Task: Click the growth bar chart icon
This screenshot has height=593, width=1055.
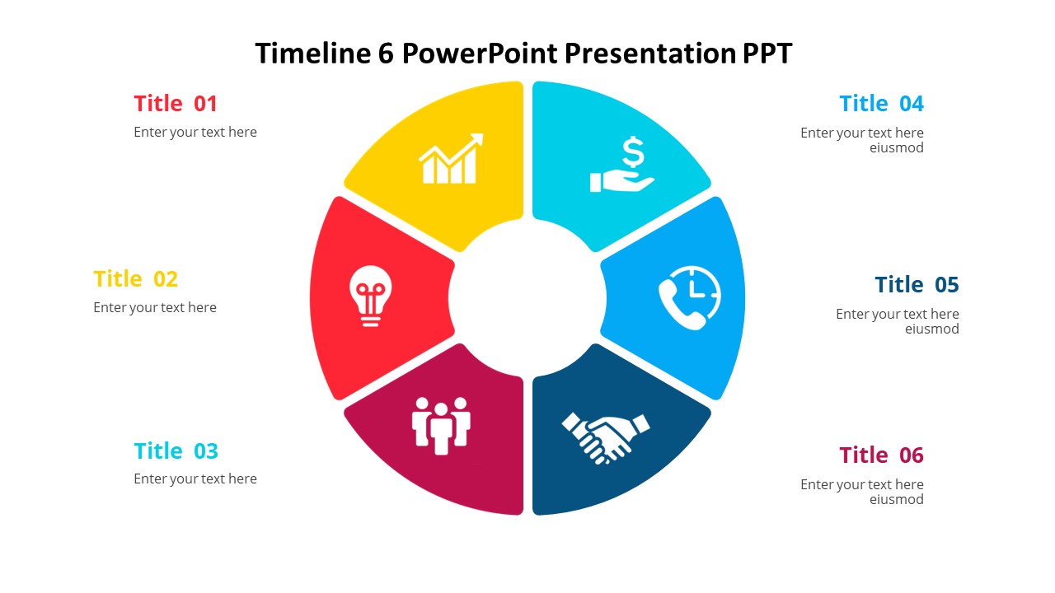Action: click(451, 159)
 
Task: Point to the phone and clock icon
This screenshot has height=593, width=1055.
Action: click(689, 297)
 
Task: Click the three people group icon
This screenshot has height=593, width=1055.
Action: click(441, 425)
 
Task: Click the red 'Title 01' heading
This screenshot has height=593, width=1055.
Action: click(176, 104)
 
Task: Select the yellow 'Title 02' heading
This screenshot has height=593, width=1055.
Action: click(135, 279)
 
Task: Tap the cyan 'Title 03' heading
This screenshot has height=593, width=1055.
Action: click(176, 451)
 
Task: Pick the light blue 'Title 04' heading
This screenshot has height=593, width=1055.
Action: click(881, 104)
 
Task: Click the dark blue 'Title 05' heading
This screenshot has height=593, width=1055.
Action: click(917, 285)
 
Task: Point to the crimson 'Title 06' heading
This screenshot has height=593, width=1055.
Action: click(881, 455)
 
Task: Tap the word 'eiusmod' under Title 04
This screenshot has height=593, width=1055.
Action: click(896, 148)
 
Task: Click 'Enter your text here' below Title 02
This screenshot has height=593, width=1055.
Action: click(155, 308)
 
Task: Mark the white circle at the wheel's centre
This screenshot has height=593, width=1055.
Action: click(527, 297)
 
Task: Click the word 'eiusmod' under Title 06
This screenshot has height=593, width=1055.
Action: click(896, 500)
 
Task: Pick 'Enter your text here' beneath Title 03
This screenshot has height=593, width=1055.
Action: click(195, 479)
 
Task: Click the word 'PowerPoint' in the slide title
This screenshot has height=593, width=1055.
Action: click(480, 54)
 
